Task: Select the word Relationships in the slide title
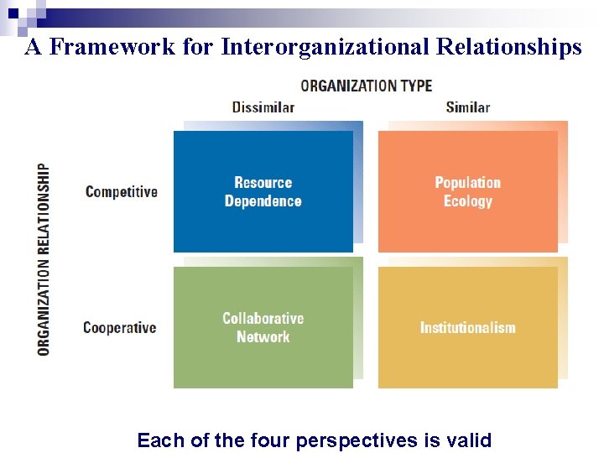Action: click(508, 47)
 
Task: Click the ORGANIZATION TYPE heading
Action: click(367, 86)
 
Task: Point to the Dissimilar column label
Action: click(263, 107)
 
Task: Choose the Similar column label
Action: click(467, 107)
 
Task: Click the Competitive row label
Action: click(122, 191)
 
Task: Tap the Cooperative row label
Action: click(120, 327)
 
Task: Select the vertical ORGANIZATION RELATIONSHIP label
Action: click(44, 258)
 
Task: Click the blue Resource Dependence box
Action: click(263, 191)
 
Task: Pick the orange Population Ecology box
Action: click(467, 191)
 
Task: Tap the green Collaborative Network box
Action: click(263, 327)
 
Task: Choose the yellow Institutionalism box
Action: click(467, 327)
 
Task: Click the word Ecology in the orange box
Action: click(467, 201)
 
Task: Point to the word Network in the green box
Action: click(263, 337)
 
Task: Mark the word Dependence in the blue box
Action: click(263, 201)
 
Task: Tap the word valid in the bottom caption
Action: click(471, 440)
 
